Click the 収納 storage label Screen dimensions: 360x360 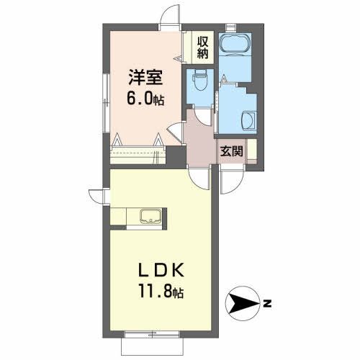tap(202, 46)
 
